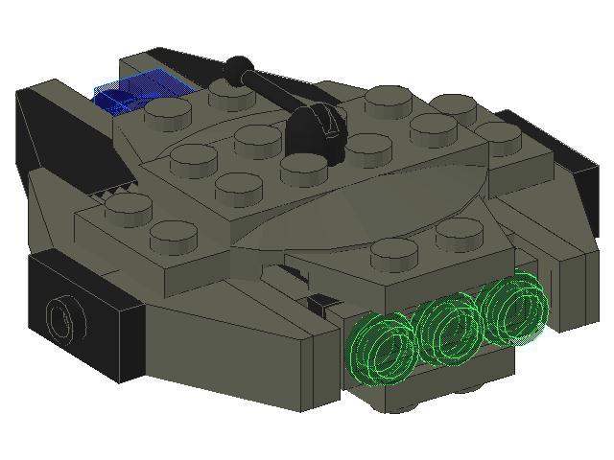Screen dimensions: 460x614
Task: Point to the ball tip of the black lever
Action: pyautogui.click(x=236, y=68)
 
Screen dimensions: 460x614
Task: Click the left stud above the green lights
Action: pyautogui.click(x=393, y=251)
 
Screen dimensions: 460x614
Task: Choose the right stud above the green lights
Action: pyautogui.click(x=458, y=233)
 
